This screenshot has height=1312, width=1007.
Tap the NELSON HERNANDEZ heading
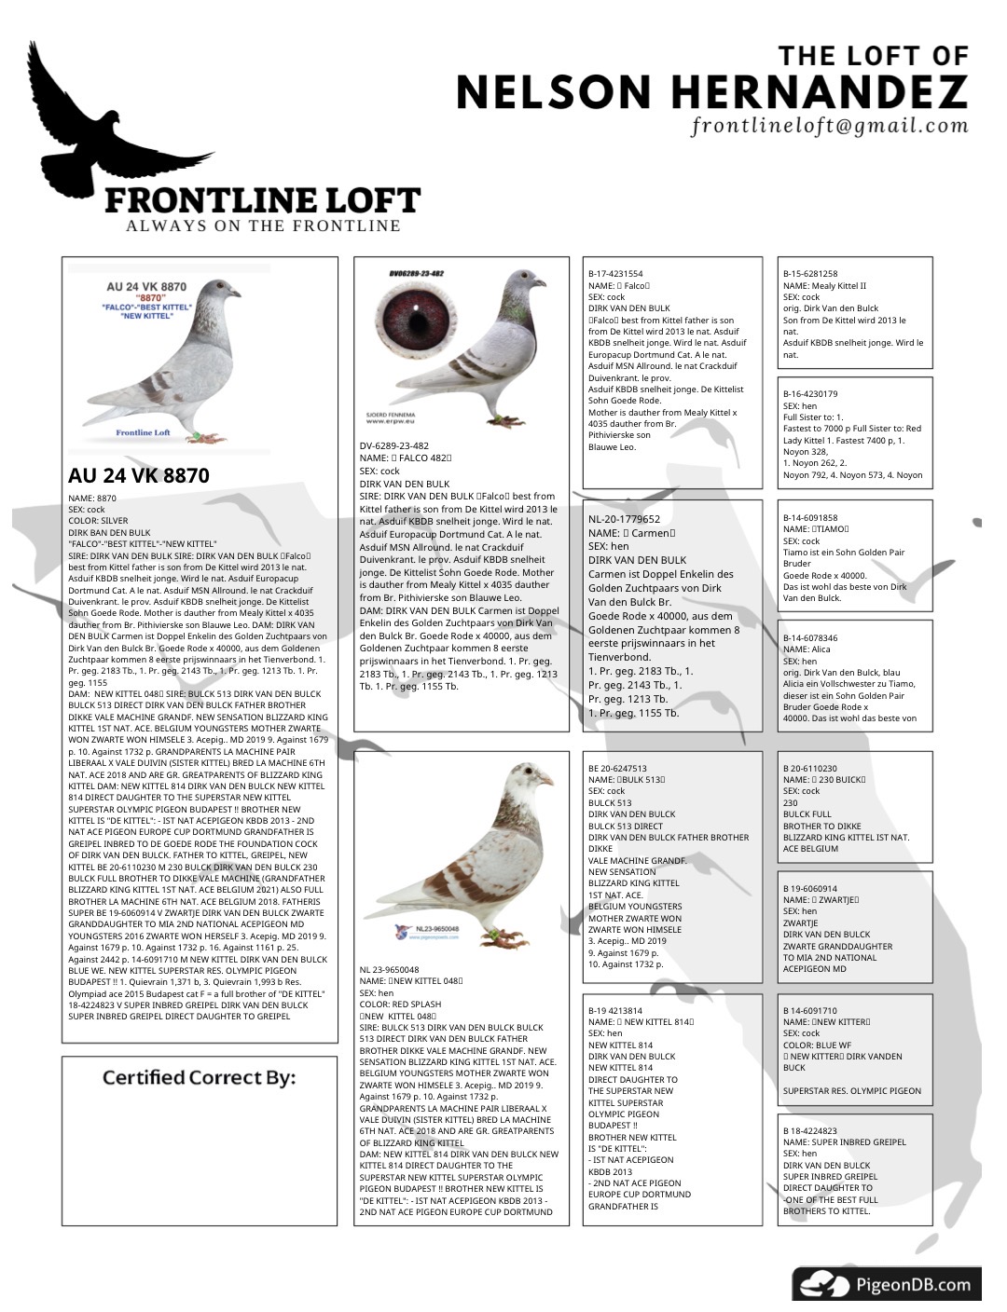click(x=711, y=91)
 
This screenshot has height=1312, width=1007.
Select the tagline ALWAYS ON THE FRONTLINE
click(x=264, y=225)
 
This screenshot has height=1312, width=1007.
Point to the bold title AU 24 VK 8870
click(x=139, y=475)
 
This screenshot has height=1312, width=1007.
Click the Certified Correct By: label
click(x=199, y=1078)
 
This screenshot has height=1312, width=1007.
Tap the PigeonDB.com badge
click(x=887, y=1285)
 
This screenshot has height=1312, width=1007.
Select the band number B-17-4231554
click(x=615, y=274)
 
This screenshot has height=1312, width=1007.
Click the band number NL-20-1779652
click(x=624, y=519)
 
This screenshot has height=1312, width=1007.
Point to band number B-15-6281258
click(x=810, y=274)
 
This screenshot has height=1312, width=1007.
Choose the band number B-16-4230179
click(x=810, y=394)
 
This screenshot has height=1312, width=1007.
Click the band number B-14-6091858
click(x=810, y=517)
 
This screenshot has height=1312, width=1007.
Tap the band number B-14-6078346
click(x=810, y=638)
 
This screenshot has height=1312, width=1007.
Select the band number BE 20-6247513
click(x=617, y=769)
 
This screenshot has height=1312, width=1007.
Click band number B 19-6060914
click(x=810, y=889)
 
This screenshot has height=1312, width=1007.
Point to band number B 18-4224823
click(x=810, y=1130)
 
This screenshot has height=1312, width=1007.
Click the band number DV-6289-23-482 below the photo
click(x=394, y=445)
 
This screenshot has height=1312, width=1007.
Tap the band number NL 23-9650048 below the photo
click(x=390, y=969)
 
